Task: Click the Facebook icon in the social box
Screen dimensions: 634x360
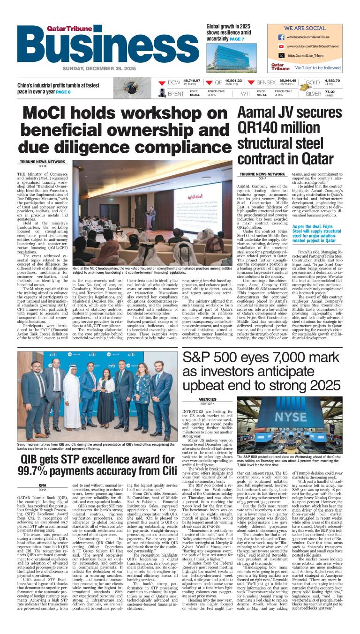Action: tap(281, 37)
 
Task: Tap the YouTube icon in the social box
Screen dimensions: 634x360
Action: tap(281, 46)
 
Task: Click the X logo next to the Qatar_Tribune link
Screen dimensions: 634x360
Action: tap(281, 56)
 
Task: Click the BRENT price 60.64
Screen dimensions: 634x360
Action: tap(195, 95)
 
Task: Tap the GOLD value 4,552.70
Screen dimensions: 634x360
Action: tap(319, 81)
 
